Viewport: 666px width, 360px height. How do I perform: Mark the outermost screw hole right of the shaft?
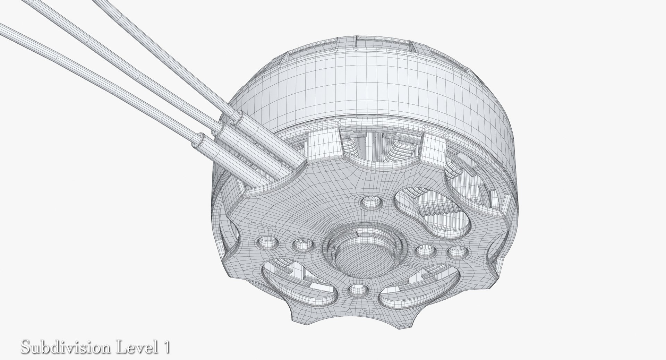click(454, 252)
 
